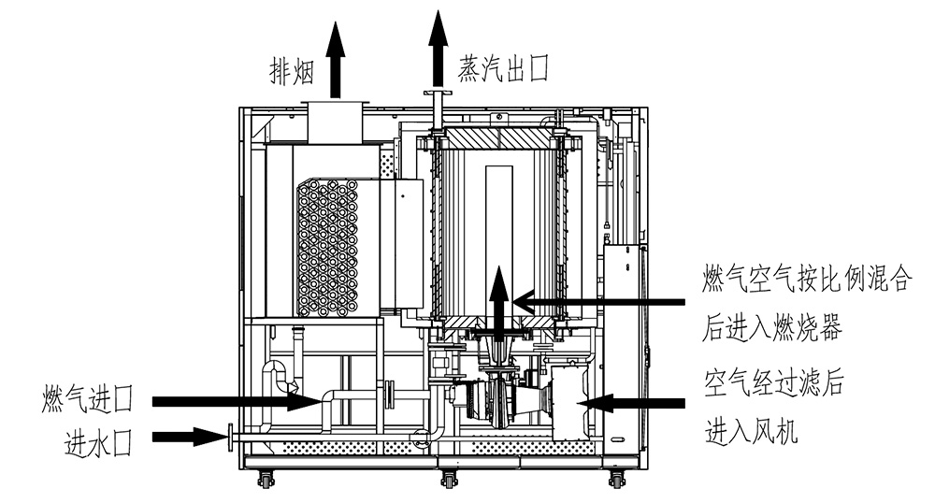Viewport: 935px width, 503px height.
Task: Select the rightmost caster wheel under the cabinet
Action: [616, 481]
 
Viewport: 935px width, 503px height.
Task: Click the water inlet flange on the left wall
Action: [229, 436]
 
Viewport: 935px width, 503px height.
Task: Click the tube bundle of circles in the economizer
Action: [328, 248]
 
